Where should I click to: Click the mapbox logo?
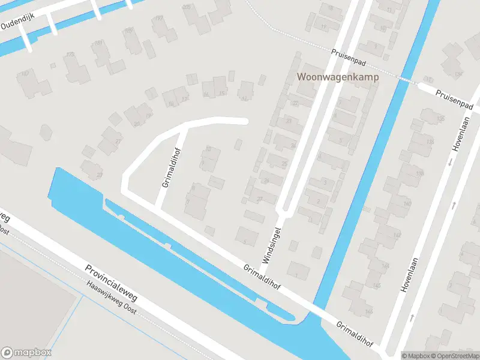coord(26,352)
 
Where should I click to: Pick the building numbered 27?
coord(260,199)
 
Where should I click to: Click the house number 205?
coord(186,7)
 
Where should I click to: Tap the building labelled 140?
coord(407,204)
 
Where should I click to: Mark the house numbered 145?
coord(377,284)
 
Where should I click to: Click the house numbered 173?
coord(70,55)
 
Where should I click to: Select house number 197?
coord(159,19)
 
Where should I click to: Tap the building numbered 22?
coord(295,103)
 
